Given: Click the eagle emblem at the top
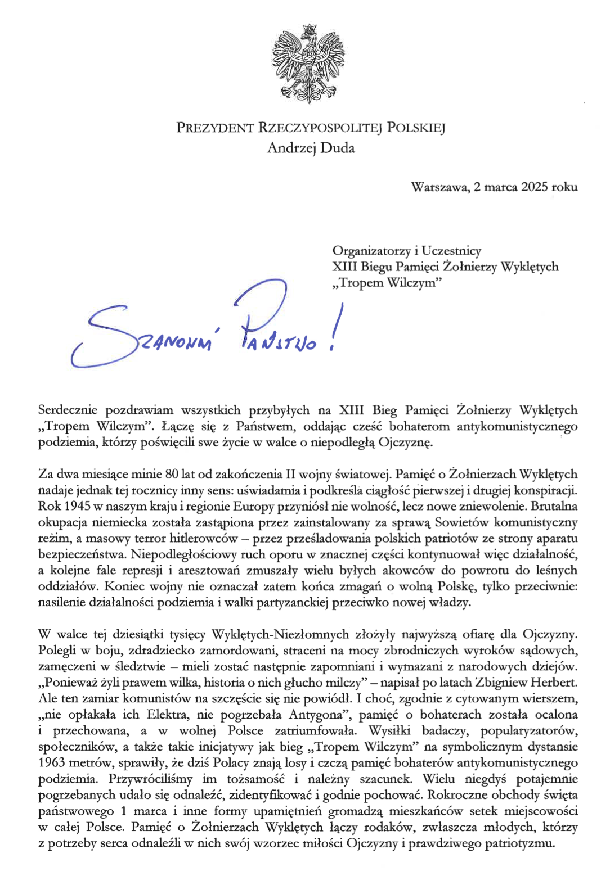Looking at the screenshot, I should (x=308, y=64).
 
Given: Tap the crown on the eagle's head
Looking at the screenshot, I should (x=308, y=30).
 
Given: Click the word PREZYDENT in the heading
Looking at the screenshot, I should (x=215, y=128).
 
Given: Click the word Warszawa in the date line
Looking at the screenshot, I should (x=437, y=187).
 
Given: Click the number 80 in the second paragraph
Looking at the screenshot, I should (x=171, y=474).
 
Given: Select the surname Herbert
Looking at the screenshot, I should (x=555, y=683).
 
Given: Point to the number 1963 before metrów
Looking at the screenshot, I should (x=52, y=763).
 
